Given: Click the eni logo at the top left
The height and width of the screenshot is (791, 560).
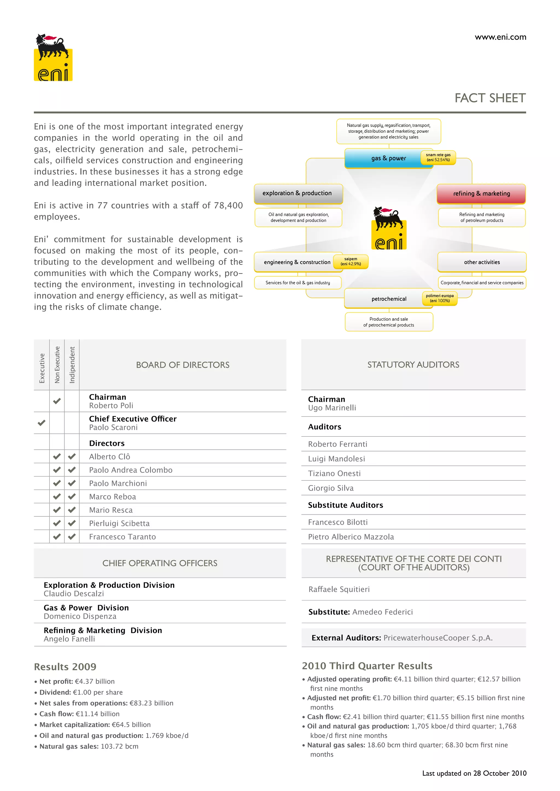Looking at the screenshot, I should click(53, 58).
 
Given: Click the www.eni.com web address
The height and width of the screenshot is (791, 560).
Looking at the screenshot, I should click(500, 37).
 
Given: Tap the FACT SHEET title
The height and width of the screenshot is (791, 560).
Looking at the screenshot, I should click(490, 98).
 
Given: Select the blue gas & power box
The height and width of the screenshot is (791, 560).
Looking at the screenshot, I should click(383, 158).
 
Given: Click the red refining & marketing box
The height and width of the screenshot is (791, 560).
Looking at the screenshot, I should click(481, 194).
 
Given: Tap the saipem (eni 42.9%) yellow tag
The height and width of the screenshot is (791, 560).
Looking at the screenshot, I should click(351, 261).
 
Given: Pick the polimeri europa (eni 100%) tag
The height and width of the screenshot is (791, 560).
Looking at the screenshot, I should click(440, 298).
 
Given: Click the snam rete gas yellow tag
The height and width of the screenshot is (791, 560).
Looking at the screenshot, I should click(438, 157).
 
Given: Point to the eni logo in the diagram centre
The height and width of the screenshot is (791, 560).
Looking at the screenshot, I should click(389, 228).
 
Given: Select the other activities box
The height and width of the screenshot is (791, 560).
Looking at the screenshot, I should click(482, 262).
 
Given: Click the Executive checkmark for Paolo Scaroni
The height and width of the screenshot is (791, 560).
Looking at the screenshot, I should click(41, 423).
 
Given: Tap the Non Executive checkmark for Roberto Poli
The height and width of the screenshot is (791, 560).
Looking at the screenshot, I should click(57, 401).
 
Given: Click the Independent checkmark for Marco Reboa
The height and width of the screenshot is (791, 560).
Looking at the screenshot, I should click(72, 497).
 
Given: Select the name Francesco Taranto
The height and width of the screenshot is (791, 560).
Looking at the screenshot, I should click(122, 537).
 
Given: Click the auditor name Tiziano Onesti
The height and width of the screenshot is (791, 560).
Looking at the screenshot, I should click(334, 473).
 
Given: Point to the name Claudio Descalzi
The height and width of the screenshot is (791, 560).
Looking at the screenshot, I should click(74, 594).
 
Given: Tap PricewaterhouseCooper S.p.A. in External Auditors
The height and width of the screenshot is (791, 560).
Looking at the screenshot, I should click(438, 638).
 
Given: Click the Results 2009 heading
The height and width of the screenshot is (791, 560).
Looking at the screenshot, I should click(65, 667).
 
